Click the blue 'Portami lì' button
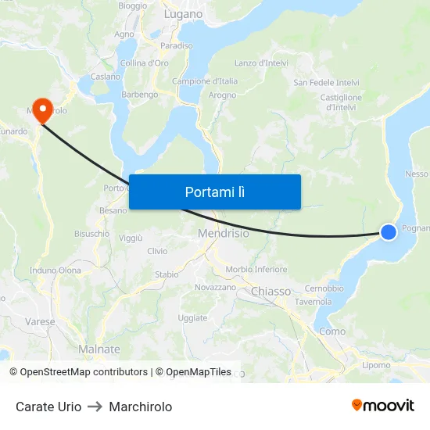coord(214,192)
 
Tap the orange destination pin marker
coord(41,110)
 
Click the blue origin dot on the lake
coord(389,231)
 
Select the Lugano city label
coord(183,14)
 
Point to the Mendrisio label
coord(224,233)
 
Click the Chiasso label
coord(271,291)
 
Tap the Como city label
coord(332,331)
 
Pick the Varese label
coord(40,321)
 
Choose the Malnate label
coord(99,349)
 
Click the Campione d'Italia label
coord(204,81)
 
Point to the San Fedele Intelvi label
coord(325,82)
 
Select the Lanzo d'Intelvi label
coord(261,63)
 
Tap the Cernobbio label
coord(324,288)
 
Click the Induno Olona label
coord(55,271)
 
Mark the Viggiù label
coord(131,238)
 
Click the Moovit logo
coord(382,405)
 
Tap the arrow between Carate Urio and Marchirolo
coord(95,407)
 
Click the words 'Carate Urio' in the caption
coord(48,407)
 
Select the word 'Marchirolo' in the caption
coord(141,407)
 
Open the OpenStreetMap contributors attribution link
coord(78,372)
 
